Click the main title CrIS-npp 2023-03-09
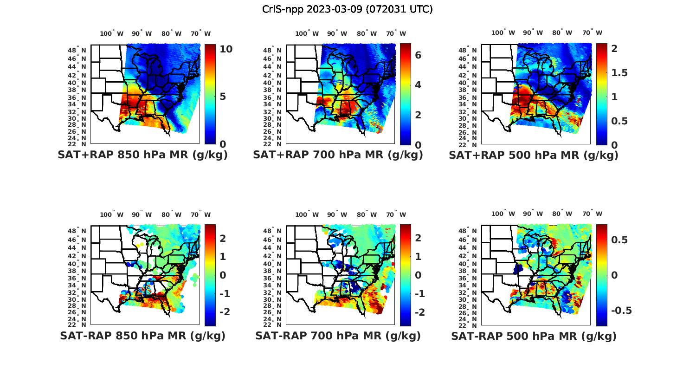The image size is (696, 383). point(348,9)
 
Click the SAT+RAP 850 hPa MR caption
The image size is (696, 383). point(143,155)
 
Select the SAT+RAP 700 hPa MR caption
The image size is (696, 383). point(338,155)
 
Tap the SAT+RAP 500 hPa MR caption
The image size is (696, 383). point(534,155)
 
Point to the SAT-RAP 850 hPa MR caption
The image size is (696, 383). point(143,336)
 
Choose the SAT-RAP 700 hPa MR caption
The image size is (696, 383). point(338,336)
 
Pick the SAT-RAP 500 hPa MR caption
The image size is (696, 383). point(534,336)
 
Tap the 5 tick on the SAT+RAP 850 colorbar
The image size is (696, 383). point(223,97)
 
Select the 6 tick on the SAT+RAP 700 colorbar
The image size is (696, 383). point(418,55)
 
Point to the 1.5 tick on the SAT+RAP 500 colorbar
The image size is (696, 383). point(619,73)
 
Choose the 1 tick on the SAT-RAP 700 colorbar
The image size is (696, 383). point(418,256)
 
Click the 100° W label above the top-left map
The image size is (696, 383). point(112,33)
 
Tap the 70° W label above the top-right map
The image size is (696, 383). point(592,32)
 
